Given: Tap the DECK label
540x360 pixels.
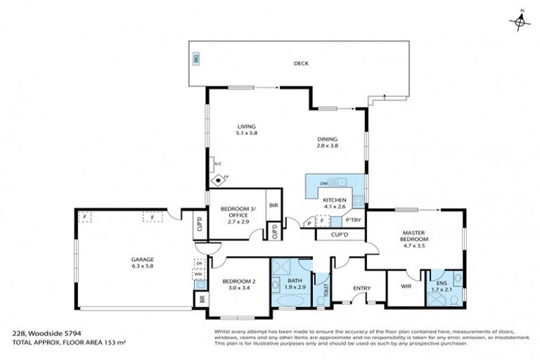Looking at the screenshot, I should tap(301, 63).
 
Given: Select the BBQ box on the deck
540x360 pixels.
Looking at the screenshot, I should tap(196, 59).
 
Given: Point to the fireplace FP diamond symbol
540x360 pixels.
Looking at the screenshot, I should tap(219, 179).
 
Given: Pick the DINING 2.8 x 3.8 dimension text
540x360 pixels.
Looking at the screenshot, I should tap(327, 146).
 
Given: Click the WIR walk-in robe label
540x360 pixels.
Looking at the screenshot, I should tap(406, 286).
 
